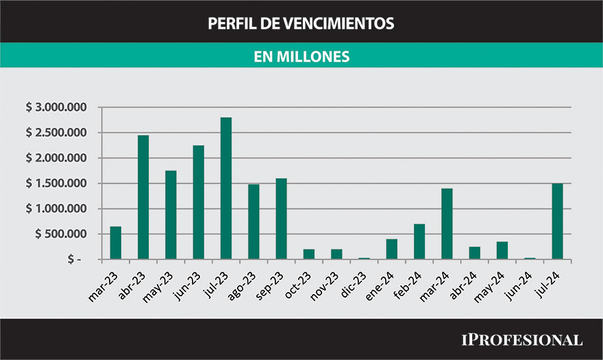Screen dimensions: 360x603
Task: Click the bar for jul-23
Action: [x=226, y=189]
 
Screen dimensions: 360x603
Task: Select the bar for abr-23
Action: [x=143, y=197]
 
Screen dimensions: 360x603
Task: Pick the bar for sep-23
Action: [x=281, y=219]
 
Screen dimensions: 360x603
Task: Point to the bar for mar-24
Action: [x=447, y=224]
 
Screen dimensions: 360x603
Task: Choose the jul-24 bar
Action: [x=557, y=221]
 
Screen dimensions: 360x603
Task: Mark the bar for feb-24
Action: [x=419, y=241]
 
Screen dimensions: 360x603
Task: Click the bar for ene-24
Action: [x=391, y=249]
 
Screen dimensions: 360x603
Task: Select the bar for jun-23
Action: [x=199, y=202]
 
